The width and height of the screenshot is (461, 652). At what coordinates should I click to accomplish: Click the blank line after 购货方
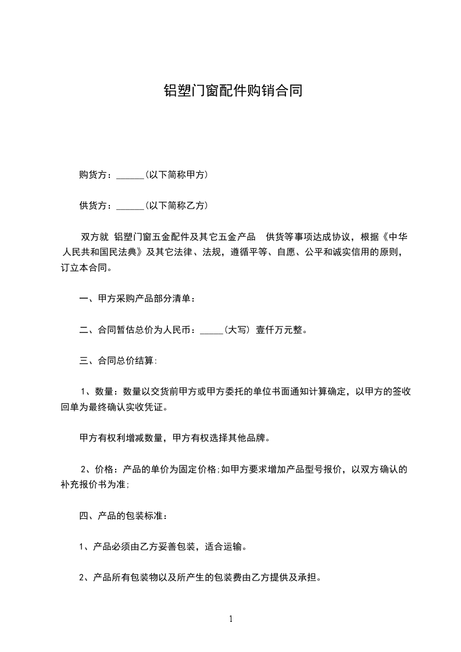pos(130,175)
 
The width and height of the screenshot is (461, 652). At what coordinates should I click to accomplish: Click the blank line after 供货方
pos(130,206)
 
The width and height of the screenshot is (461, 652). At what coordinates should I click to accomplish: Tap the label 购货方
pos(93,175)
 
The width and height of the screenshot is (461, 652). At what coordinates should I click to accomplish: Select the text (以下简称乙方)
pos(176,205)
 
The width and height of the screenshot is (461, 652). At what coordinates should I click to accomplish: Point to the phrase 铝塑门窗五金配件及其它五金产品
pos(186,237)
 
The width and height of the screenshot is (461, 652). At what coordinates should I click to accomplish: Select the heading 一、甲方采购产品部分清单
pos(137,299)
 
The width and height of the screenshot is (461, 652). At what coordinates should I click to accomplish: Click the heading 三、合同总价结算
pos(117,361)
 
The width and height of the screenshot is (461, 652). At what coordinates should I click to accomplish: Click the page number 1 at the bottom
pos(231,619)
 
